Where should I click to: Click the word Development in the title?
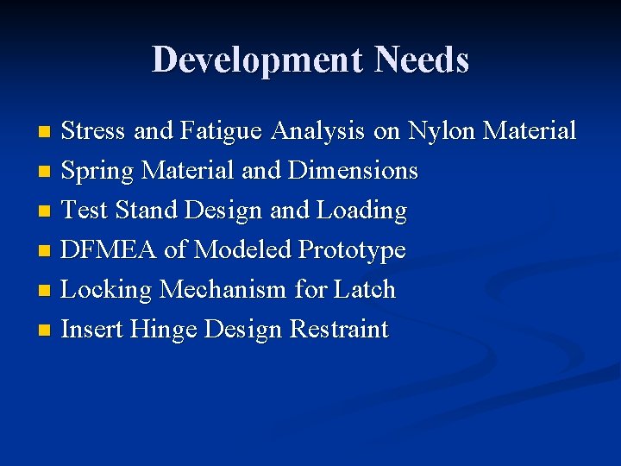(x=258, y=60)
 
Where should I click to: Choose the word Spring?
(x=98, y=172)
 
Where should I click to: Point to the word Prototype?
(x=351, y=251)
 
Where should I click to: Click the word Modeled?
(x=242, y=250)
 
